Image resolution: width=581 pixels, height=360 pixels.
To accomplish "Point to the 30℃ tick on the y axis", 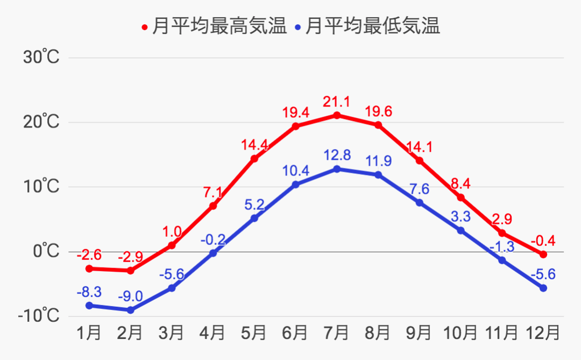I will [x=41, y=57].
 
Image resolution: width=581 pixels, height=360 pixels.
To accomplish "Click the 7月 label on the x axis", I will [x=337, y=333].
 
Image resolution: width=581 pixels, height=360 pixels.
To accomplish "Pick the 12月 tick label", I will [x=543, y=333].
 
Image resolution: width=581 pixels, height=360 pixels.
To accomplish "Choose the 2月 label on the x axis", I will [x=130, y=333].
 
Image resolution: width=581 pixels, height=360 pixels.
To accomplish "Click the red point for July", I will [x=337, y=115].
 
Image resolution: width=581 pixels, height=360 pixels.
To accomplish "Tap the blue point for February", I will [x=130, y=310].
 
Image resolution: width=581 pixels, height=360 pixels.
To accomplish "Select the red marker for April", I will [x=213, y=206].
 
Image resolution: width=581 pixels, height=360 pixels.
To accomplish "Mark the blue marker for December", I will [x=543, y=288].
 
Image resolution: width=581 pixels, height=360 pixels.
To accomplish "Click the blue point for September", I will [x=420, y=203].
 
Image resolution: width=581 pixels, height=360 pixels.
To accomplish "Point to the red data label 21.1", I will [x=337, y=101].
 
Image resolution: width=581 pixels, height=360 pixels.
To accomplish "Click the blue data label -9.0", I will [x=130, y=296].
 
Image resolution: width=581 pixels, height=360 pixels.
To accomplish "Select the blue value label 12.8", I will [x=337, y=156].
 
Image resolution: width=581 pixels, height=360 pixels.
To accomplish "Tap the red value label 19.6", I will [x=378, y=111].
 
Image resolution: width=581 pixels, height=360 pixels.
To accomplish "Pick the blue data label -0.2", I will [x=213, y=239].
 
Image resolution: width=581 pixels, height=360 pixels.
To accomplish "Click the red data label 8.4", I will [x=461, y=183].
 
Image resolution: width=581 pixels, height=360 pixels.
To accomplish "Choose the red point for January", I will [x=89, y=269].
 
